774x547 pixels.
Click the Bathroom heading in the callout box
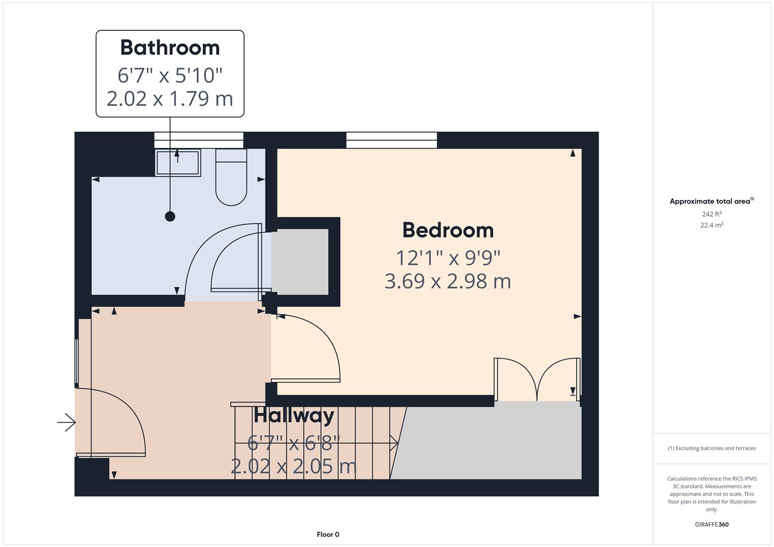click(x=170, y=48)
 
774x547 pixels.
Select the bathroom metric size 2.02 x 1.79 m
click(x=170, y=98)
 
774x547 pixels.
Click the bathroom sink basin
click(x=177, y=163)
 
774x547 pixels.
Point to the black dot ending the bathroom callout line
click(x=170, y=216)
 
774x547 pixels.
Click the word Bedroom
click(x=448, y=230)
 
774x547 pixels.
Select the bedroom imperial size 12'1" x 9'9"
click(x=448, y=258)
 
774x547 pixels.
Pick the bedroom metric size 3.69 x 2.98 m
click(x=448, y=281)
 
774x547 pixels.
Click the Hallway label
click(x=294, y=416)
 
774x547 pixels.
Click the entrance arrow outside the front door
click(x=66, y=422)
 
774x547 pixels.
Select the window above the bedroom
click(x=391, y=140)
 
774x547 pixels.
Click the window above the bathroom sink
click(x=199, y=140)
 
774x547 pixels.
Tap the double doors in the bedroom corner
click(x=537, y=380)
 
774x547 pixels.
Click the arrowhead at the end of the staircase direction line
click(x=394, y=443)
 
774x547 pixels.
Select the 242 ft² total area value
click(x=712, y=214)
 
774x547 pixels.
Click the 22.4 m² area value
click(x=712, y=225)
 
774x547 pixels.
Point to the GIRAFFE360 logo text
click(x=712, y=525)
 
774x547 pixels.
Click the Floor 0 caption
click(x=328, y=534)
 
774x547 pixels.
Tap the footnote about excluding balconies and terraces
click(x=712, y=448)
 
